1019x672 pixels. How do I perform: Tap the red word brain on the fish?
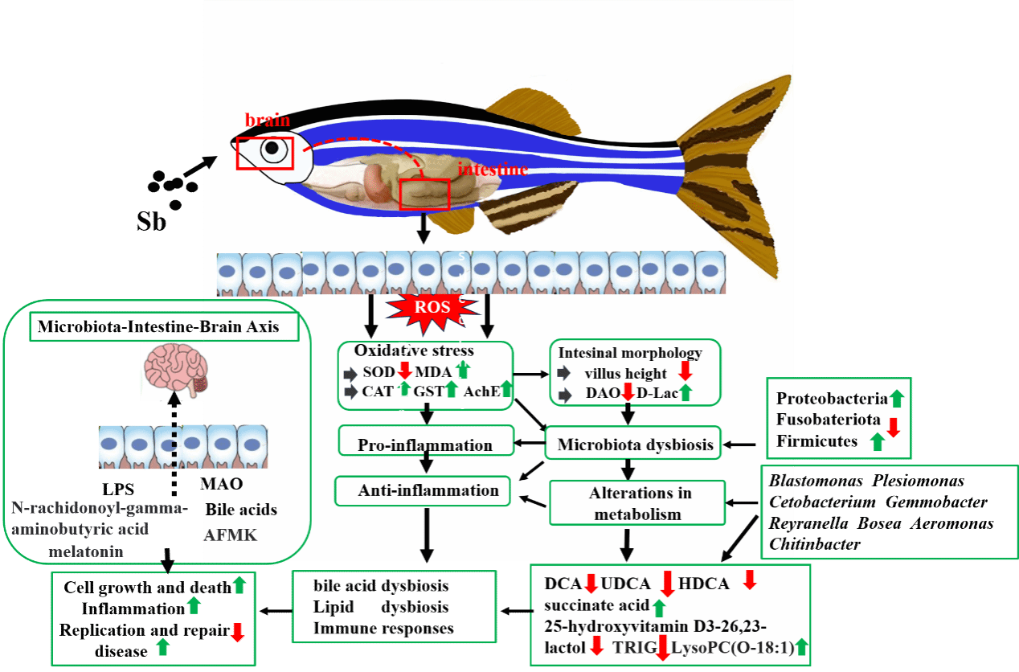(267, 120)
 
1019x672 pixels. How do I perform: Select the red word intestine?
(493, 169)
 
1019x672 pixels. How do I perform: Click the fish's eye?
(272, 149)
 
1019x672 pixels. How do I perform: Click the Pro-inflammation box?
(425, 445)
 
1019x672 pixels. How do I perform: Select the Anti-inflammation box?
(423, 490)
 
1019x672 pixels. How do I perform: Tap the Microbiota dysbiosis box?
(635, 444)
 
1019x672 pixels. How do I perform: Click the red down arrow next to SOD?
(405, 371)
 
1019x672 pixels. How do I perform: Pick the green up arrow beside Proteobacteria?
(898, 397)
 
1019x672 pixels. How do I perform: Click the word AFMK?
(231, 534)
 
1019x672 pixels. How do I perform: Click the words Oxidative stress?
(414, 350)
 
